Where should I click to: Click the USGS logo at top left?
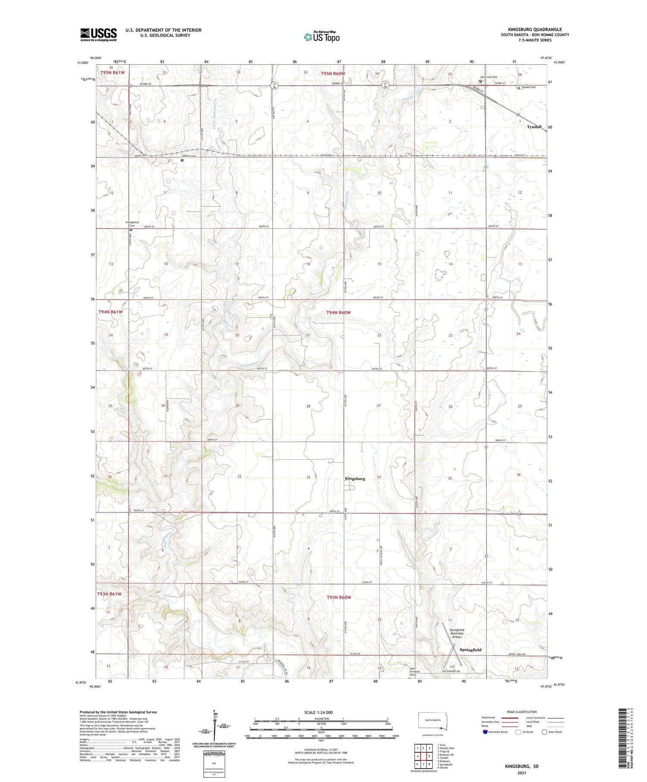[x=98, y=35]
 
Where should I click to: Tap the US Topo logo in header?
[x=321, y=37]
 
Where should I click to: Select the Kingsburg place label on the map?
[x=355, y=479]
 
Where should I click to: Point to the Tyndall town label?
[x=534, y=127]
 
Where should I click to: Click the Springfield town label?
[x=470, y=650]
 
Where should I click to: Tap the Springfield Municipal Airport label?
[x=457, y=633]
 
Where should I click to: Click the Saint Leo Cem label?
[x=489, y=77]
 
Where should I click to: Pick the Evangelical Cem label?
[x=132, y=224]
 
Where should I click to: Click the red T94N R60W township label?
[x=339, y=312]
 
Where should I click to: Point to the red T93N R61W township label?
[x=109, y=594]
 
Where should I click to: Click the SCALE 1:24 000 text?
[x=318, y=712]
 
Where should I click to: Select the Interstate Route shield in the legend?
[x=485, y=732]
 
